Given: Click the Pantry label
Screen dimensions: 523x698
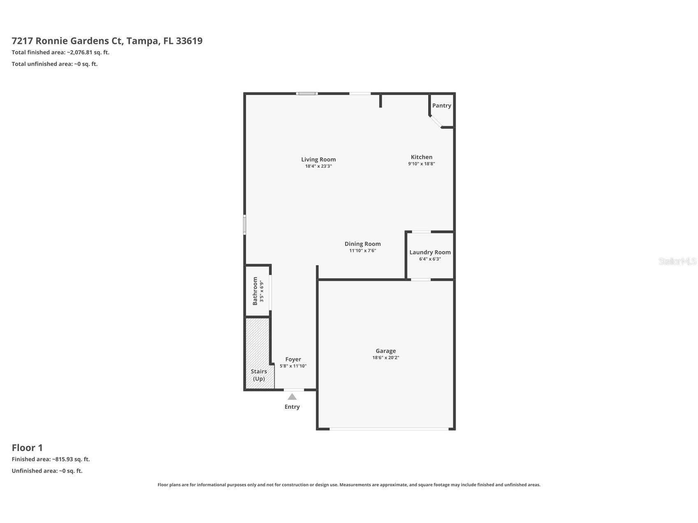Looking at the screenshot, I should coord(441,106).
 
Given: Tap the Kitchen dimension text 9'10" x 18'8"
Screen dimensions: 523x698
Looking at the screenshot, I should coord(421,164).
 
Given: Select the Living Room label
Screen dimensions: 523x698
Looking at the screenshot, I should coord(318,160).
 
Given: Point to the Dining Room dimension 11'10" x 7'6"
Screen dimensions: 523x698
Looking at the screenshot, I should coord(362,250).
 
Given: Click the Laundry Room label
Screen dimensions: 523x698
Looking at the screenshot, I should coord(430,252).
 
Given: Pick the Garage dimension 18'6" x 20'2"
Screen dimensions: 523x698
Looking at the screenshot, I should coord(385,358).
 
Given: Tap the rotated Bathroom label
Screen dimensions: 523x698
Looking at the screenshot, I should coord(255,291).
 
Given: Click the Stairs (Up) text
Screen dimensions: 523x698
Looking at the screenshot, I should coord(259,375).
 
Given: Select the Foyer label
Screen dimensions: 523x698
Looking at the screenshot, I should coord(293,359).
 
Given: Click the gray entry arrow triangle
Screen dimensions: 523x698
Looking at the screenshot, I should coord(292,397).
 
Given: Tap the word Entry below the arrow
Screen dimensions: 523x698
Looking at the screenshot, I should coord(292,407).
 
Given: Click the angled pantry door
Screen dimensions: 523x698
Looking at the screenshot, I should coord(435,122).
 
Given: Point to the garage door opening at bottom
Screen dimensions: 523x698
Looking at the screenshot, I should coord(388,429).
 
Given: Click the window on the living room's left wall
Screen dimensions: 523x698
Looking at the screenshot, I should coord(244,225).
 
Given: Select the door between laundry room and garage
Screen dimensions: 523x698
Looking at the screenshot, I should coord(420,280).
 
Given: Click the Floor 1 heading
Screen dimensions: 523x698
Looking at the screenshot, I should coord(27,448).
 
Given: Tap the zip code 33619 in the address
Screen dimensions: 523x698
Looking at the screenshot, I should coord(189,41).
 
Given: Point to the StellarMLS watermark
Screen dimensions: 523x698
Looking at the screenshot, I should coord(677,261).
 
